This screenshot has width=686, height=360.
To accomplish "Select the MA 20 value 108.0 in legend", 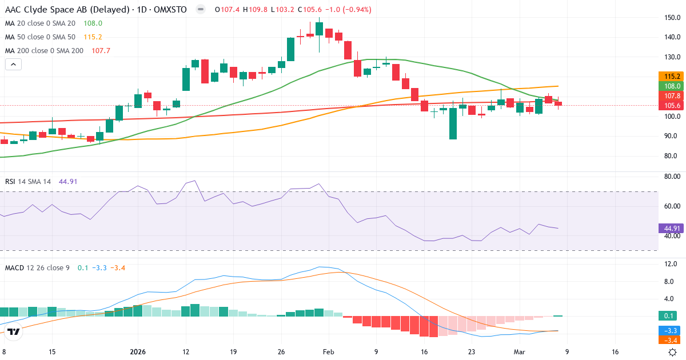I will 93,23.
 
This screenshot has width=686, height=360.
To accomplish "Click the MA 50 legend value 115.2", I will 93,37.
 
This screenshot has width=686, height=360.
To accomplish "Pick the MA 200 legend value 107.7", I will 100,51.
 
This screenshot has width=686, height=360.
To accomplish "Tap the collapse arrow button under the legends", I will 13,65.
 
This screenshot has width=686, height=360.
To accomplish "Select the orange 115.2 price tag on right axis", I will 671,77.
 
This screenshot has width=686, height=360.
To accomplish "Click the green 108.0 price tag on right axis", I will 671,86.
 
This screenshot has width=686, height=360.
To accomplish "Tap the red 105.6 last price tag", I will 671,106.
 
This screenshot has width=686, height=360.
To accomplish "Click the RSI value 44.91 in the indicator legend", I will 68,181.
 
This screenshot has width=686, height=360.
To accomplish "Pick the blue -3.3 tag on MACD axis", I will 671,331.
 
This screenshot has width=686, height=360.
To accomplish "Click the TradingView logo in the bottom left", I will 14,331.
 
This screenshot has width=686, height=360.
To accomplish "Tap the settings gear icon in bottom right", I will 673,352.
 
